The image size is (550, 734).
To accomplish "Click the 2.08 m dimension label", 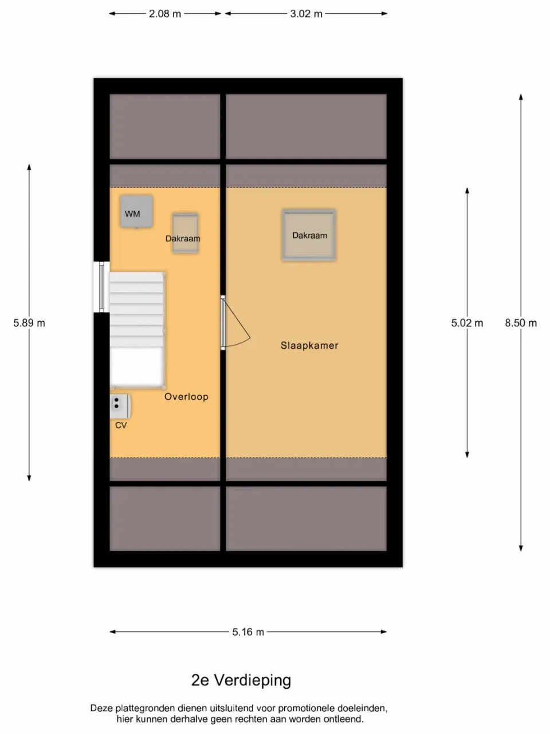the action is pyautogui.click(x=164, y=14).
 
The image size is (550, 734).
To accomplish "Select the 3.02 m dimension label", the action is pyautogui.click(x=306, y=14).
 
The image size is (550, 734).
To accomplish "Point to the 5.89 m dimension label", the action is pyautogui.click(x=29, y=323).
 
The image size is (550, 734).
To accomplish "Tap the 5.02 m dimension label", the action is pyautogui.click(x=467, y=323).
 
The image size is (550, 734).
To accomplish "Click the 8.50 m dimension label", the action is pyautogui.click(x=521, y=323).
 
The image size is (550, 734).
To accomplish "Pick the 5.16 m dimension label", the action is pyautogui.click(x=248, y=632).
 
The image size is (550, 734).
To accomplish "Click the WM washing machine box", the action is pyautogui.click(x=136, y=212).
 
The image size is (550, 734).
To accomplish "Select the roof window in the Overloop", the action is pyautogui.click(x=185, y=233).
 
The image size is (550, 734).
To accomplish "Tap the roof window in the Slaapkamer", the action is pyautogui.click(x=309, y=235).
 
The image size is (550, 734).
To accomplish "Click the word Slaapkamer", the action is pyautogui.click(x=309, y=345).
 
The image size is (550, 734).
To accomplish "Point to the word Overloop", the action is pyautogui.click(x=186, y=397).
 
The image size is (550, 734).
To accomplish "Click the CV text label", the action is pyautogui.click(x=121, y=425).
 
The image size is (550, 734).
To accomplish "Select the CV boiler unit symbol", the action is pyautogui.click(x=120, y=407).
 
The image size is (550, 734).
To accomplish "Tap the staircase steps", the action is pyautogui.click(x=136, y=310).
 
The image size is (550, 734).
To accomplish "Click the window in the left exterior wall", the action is pyautogui.click(x=101, y=287).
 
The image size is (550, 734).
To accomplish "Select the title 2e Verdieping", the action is pyautogui.click(x=241, y=680).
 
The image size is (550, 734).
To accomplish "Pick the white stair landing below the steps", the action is pyautogui.click(x=136, y=367).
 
